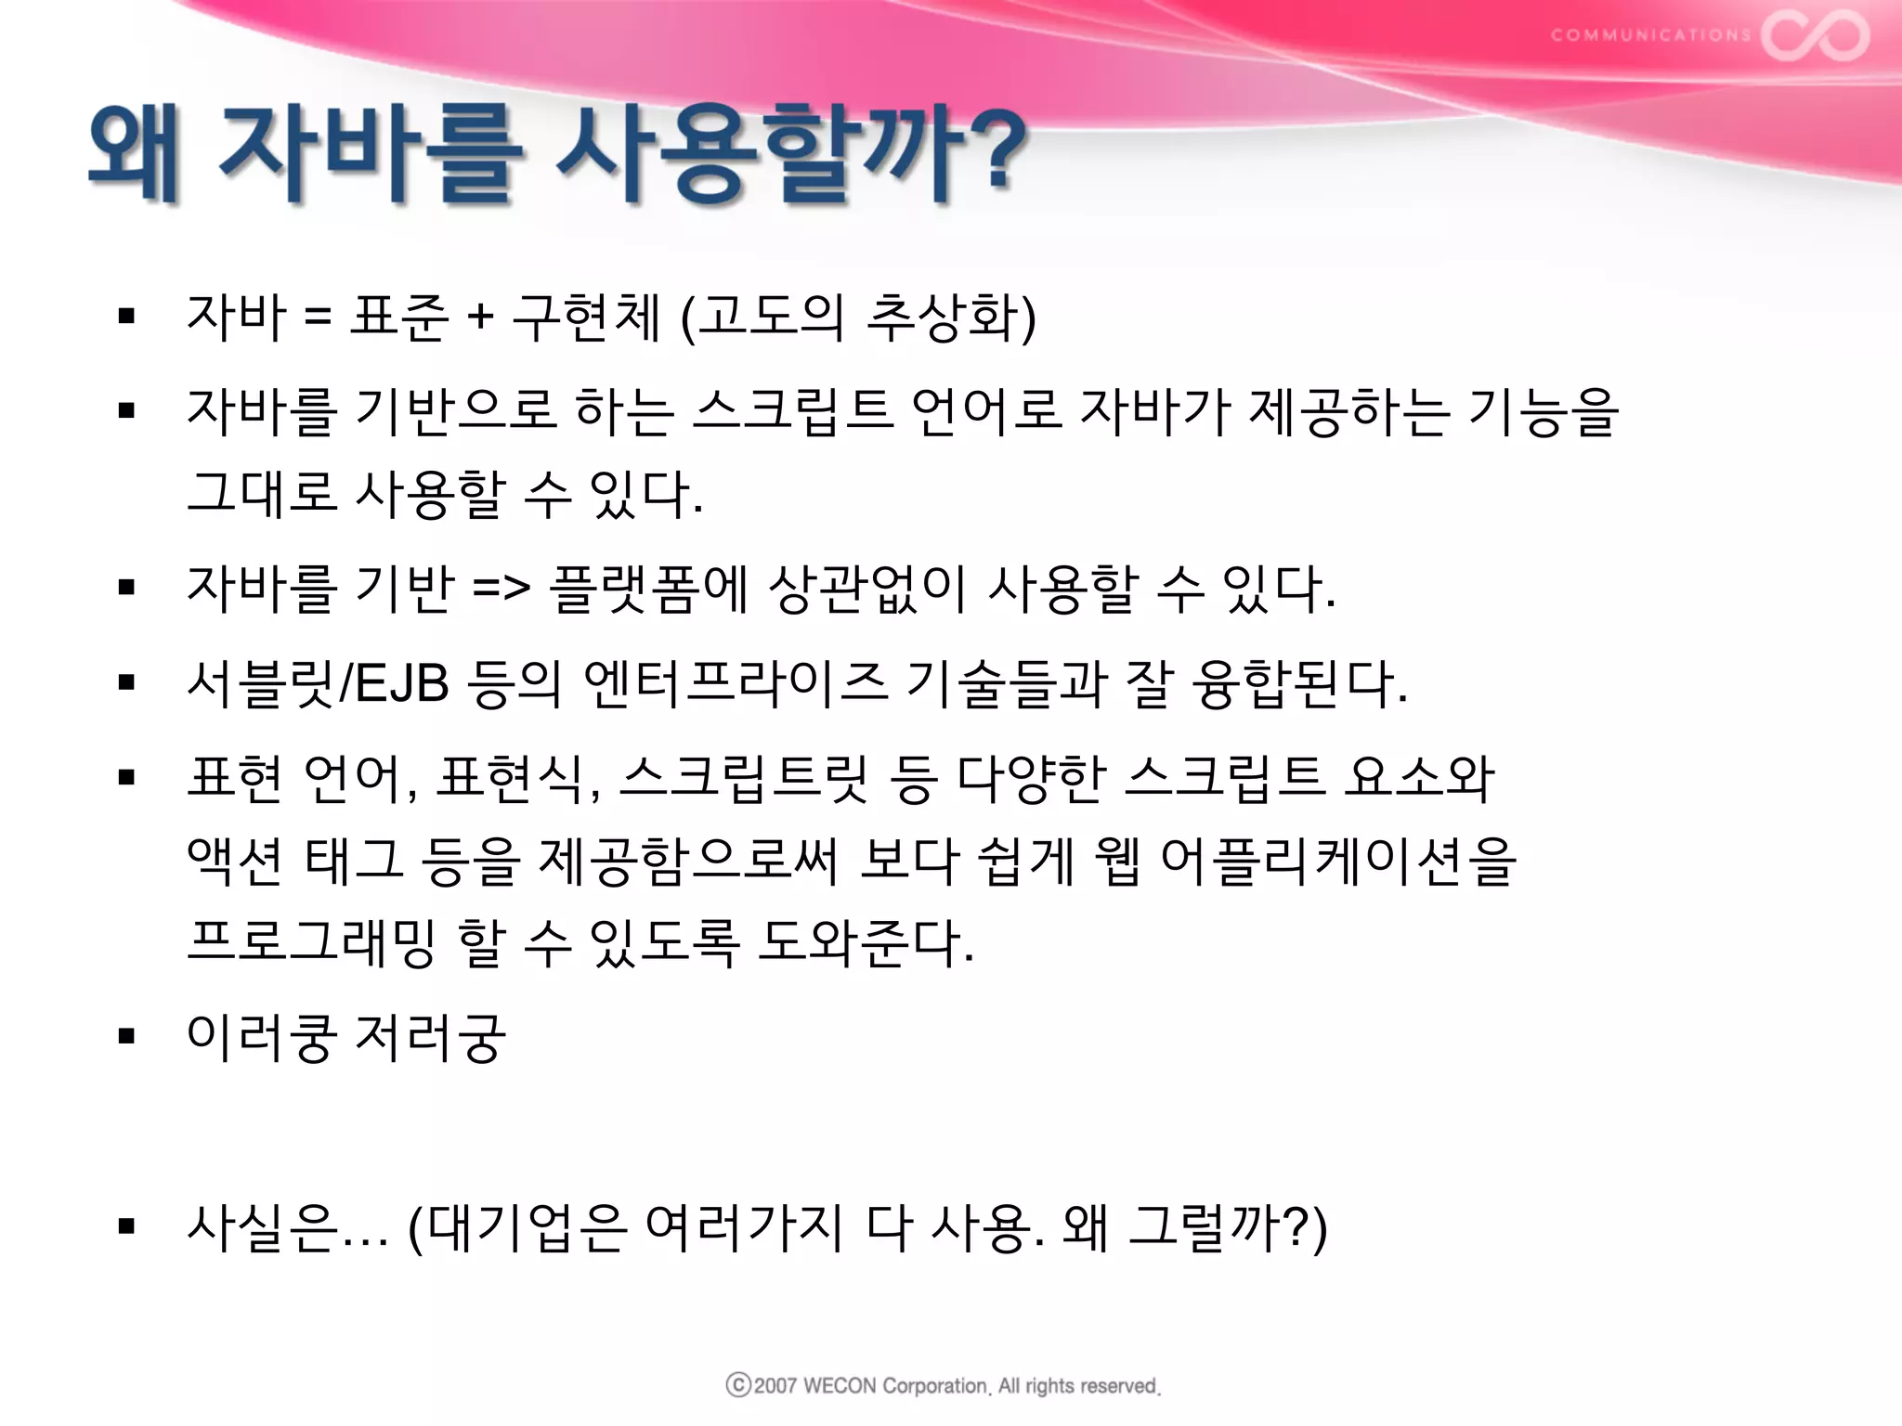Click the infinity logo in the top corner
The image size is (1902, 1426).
(x=1815, y=35)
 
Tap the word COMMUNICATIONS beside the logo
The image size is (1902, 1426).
(x=1650, y=35)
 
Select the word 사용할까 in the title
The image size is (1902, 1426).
(x=759, y=153)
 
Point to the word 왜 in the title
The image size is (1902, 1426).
(x=134, y=153)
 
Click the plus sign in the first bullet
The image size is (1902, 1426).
(x=480, y=318)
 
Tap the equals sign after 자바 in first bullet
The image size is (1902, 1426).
(x=317, y=318)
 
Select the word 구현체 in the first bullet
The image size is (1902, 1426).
(x=586, y=317)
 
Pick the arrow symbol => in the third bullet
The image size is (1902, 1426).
(x=502, y=589)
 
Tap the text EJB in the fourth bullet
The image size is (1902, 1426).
(x=402, y=683)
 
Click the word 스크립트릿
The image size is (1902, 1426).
(x=744, y=778)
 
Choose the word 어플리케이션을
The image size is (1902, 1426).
(x=1338, y=861)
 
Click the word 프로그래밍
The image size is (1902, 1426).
(x=311, y=942)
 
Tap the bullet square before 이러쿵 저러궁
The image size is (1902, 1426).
(x=127, y=1036)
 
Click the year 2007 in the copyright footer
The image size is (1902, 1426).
(x=775, y=1386)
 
